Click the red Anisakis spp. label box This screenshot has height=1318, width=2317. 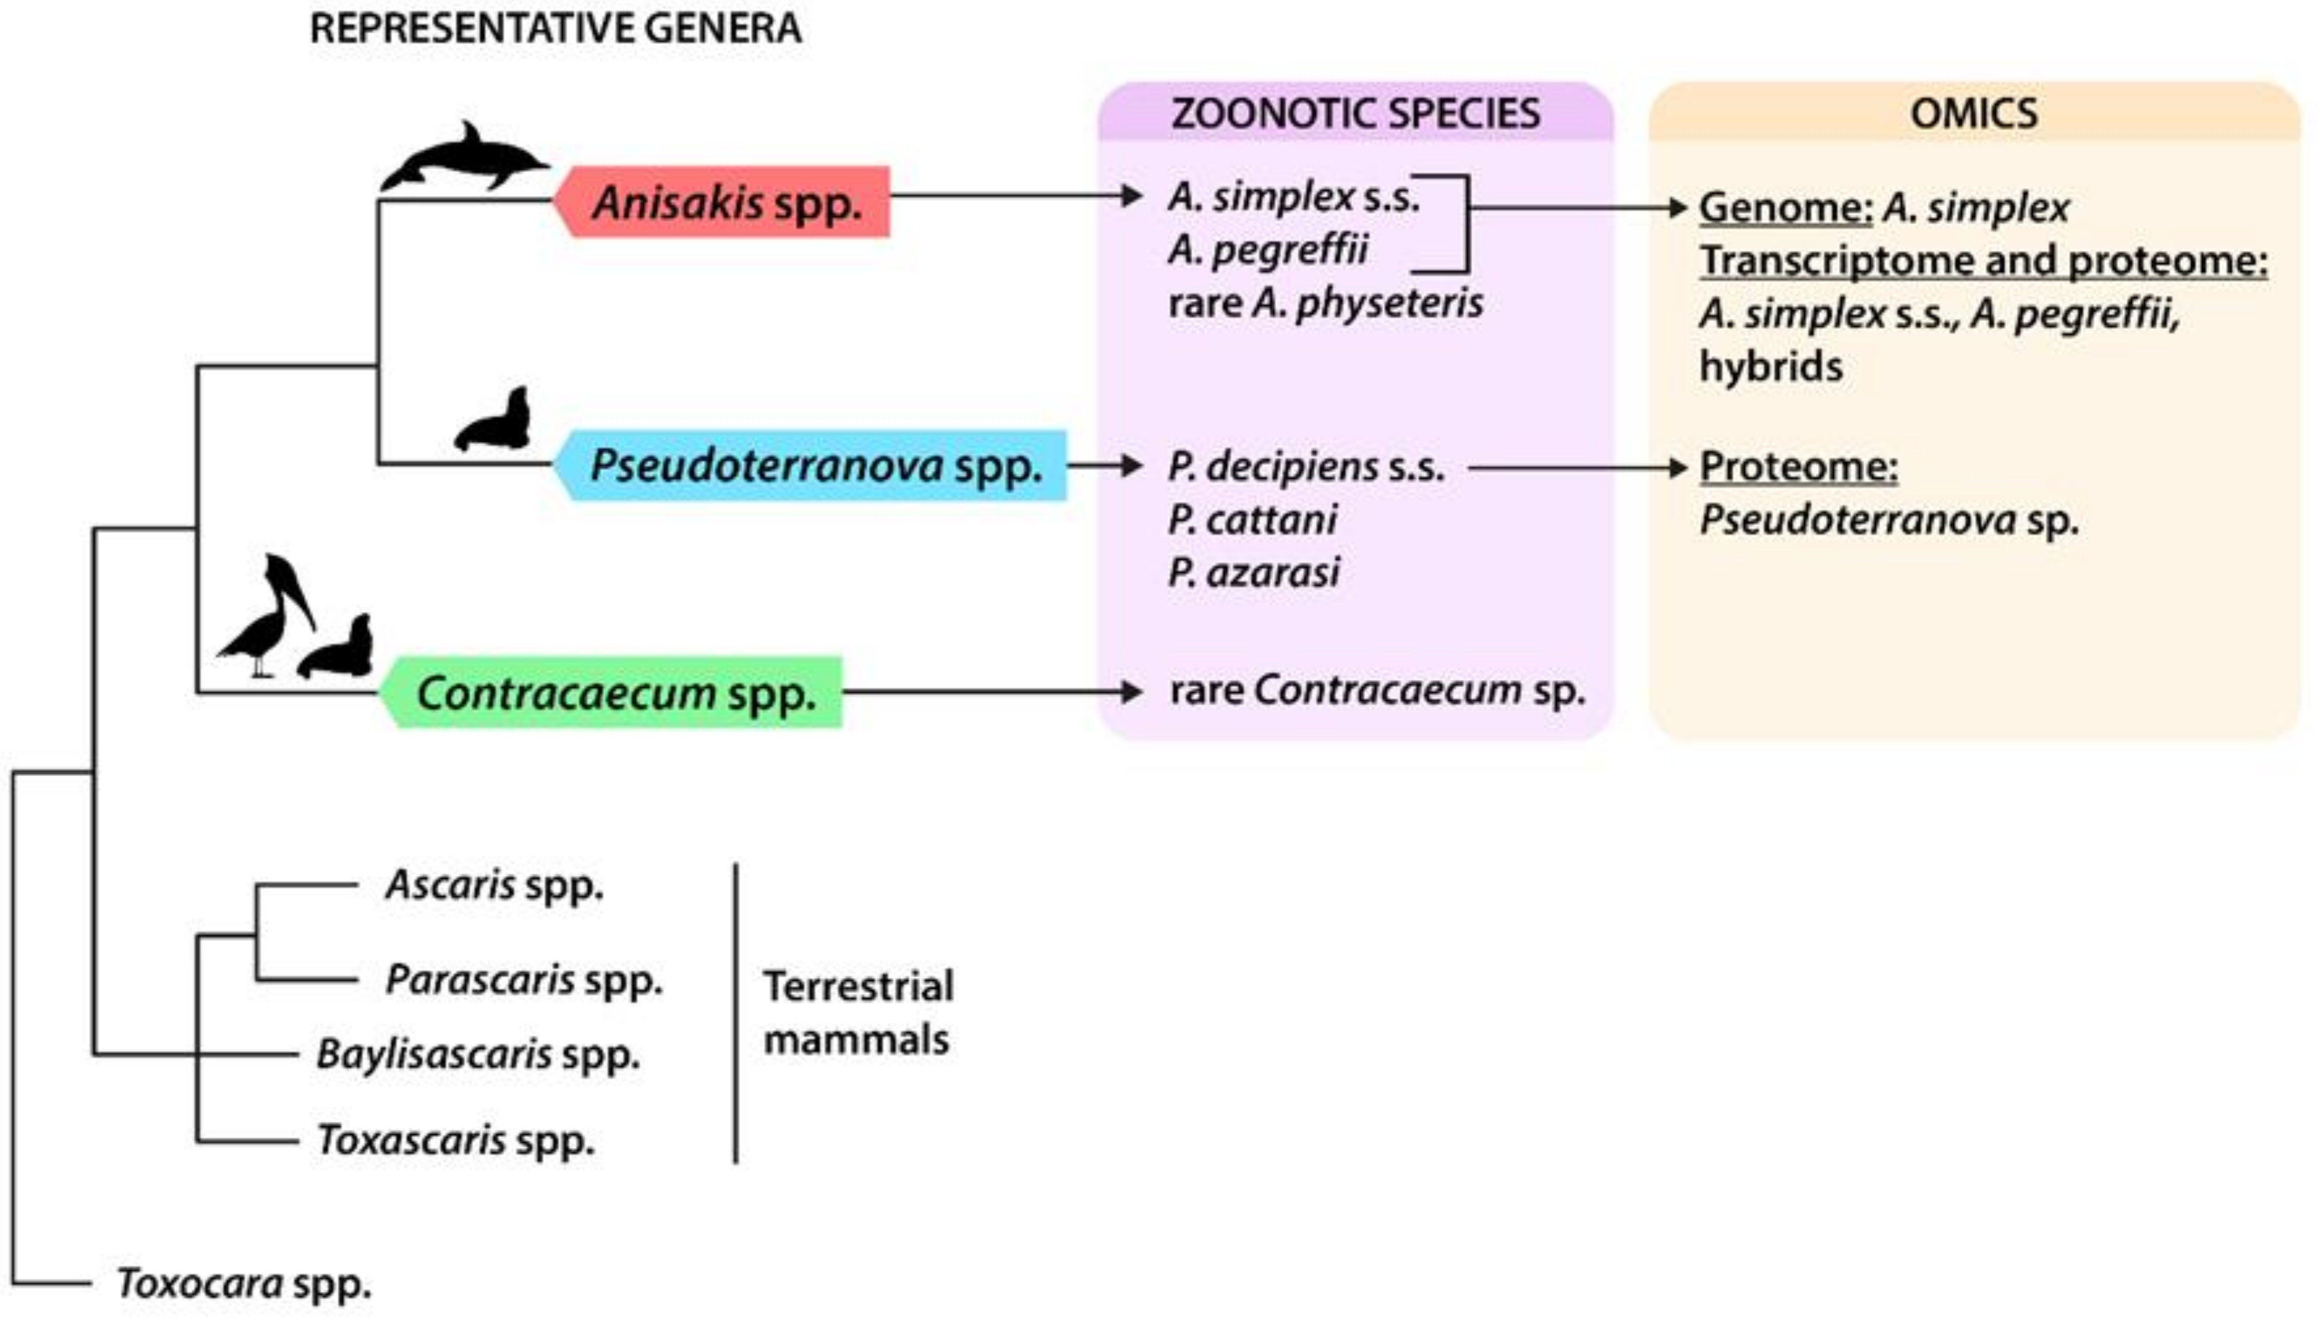724,202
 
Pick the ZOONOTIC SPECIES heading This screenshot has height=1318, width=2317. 1355,114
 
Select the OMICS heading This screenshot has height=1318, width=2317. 1974,114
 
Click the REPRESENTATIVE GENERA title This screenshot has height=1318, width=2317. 555,28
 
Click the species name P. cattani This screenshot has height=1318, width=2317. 1253,520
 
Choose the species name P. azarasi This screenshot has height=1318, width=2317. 1253,572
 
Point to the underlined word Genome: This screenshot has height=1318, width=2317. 1785,207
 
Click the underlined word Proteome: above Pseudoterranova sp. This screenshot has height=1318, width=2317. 1799,467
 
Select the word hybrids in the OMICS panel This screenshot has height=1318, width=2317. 1770,367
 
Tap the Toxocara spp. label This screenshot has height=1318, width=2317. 245,1283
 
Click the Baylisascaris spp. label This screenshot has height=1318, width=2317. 478,1054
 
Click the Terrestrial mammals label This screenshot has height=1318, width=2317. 858,1012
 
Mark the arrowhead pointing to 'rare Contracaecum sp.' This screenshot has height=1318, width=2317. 1131,692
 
